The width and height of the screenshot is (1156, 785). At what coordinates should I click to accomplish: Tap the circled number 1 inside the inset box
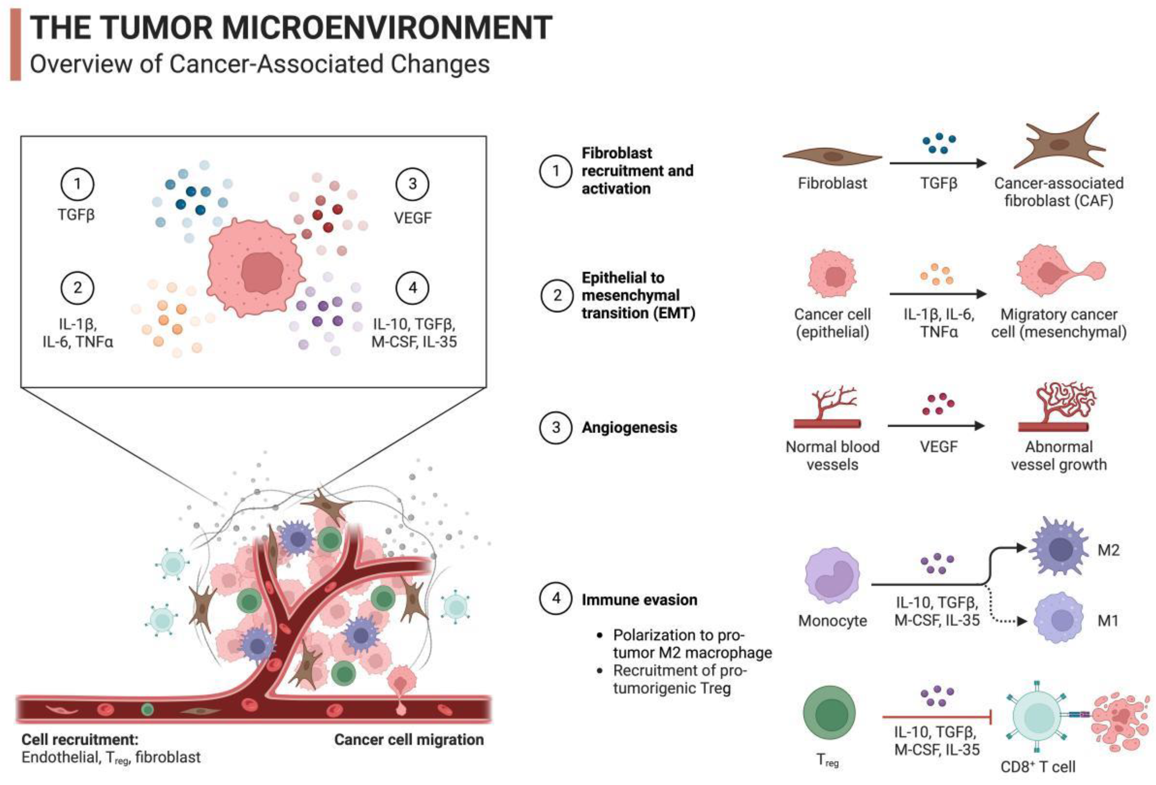[77, 184]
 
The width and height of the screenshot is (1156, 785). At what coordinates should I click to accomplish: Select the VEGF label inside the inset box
[412, 218]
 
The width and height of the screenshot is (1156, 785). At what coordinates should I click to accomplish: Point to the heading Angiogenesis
[629, 428]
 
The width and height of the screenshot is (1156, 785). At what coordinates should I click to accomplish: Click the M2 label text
[1108, 550]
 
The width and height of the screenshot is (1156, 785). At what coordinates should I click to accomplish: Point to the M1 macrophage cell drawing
[1059, 620]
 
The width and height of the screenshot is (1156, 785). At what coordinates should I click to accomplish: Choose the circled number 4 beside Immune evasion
[556, 598]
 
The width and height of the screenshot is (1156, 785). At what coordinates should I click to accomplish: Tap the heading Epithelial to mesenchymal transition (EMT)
[638, 295]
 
